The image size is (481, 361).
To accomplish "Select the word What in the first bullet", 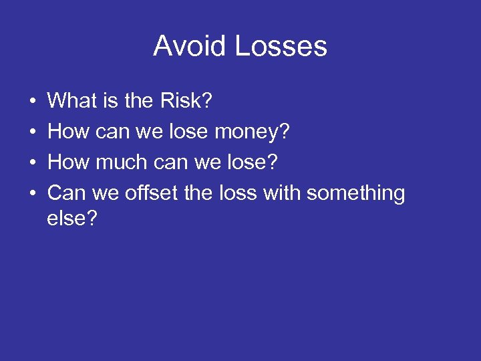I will point(73,101).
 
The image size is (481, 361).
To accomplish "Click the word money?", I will point(253,132).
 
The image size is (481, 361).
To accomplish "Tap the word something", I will point(355,193).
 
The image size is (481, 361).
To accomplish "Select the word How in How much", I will point(67,162).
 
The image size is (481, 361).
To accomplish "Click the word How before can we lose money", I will point(67,132).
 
